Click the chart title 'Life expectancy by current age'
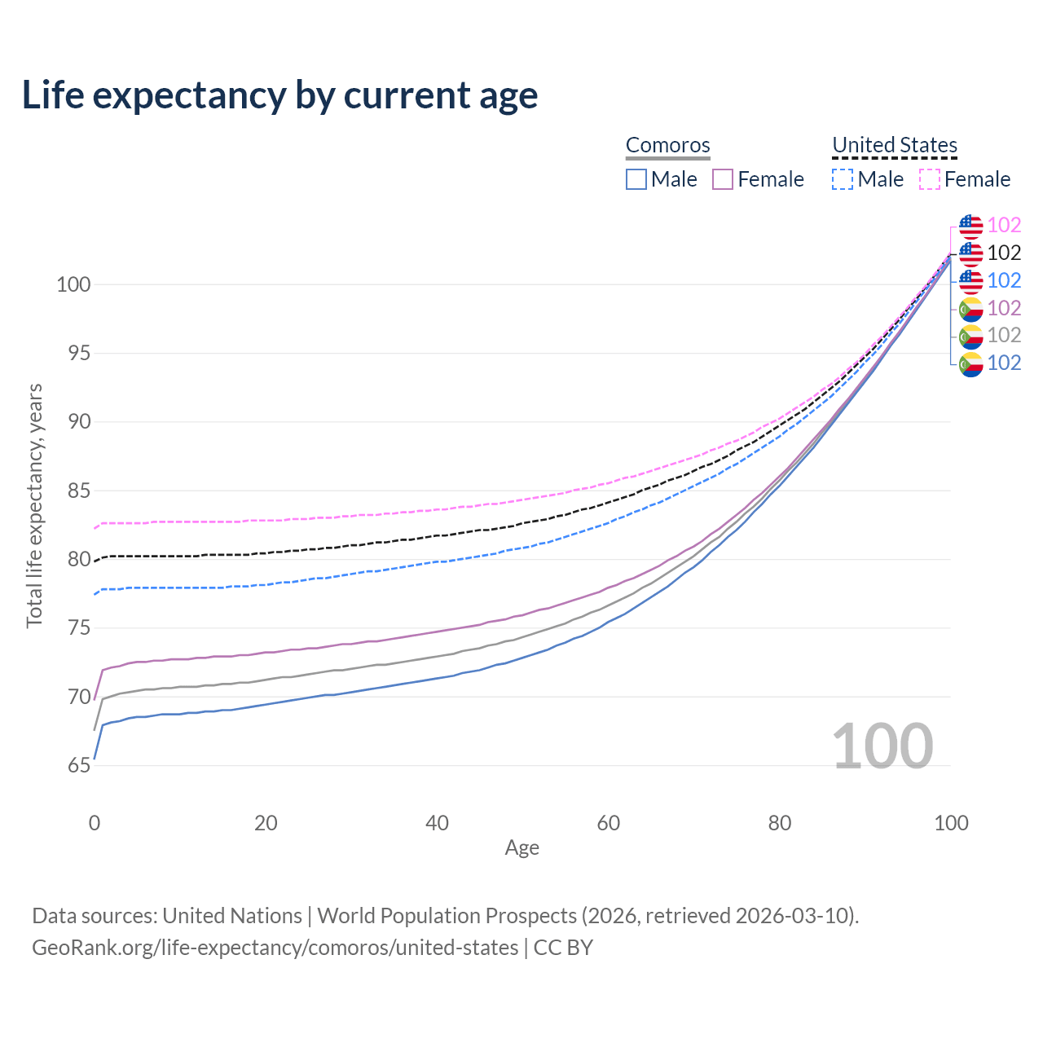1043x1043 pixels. [x=279, y=95]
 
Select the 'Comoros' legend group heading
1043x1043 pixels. [x=667, y=145]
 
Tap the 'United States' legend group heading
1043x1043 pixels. [x=894, y=145]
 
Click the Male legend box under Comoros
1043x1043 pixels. [x=636, y=179]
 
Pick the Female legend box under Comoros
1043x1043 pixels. [x=723, y=179]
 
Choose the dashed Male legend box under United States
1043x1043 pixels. [x=843, y=179]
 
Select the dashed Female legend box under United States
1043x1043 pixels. [x=930, y=179]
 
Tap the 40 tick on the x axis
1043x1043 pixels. [x=437, y=823]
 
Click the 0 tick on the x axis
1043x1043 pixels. [x=95, y=823]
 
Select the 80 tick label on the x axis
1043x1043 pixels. [x=780, y=823]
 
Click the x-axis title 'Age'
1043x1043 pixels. [x=521, y=848]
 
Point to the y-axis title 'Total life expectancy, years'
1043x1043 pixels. [x=34, y=505]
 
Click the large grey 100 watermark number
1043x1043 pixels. [x=882, y=746]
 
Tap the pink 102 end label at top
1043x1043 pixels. [x=1004, y=225]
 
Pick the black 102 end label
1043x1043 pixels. [x=1004, y=253]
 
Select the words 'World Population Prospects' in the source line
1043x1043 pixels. [x=447, y=916]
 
